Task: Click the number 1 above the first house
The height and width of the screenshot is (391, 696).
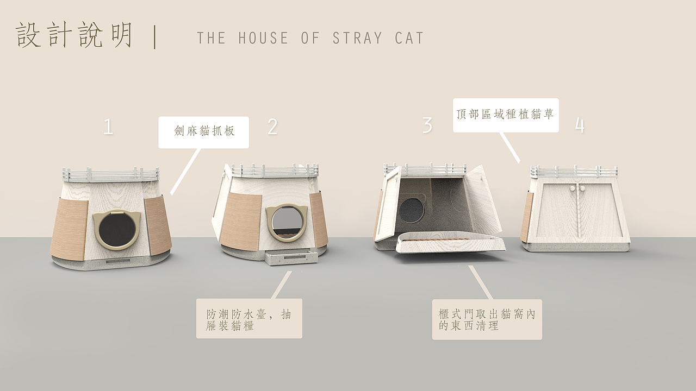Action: (x=108, y=127)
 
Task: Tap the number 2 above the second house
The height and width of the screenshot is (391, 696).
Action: (x=272, y=127)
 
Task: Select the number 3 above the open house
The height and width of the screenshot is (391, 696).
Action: (x=427, y=125)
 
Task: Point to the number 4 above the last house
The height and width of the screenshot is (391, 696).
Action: (x=580, y=125)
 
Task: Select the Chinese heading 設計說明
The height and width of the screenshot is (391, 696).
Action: (x=75, y=36)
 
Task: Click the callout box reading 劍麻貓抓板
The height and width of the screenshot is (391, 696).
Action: (x=204, y=132)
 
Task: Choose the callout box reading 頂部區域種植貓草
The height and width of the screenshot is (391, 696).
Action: (x=506, y=115)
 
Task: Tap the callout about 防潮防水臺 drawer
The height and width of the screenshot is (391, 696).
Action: (x=249, y=319)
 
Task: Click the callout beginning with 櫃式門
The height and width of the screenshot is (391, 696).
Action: (x=487, y=319)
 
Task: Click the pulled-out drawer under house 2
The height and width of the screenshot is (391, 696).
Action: (x=291, y=256)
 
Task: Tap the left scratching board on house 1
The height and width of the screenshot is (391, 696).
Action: (x=70, y=230)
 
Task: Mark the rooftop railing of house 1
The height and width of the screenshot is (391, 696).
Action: (x=111, y=174)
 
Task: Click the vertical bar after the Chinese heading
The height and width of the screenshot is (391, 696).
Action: (x=156, y=37)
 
